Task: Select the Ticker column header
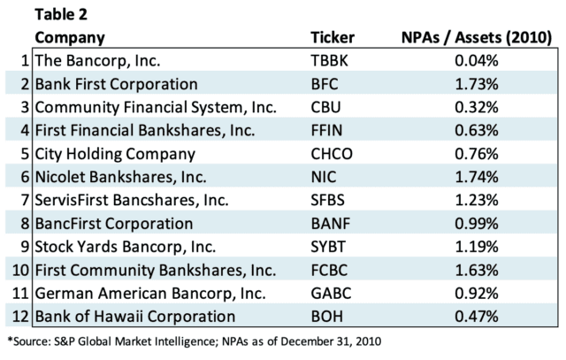[333, 38]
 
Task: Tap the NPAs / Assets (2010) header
[472, 38]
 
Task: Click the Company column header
[70, 38]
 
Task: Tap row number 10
[19, 270]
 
